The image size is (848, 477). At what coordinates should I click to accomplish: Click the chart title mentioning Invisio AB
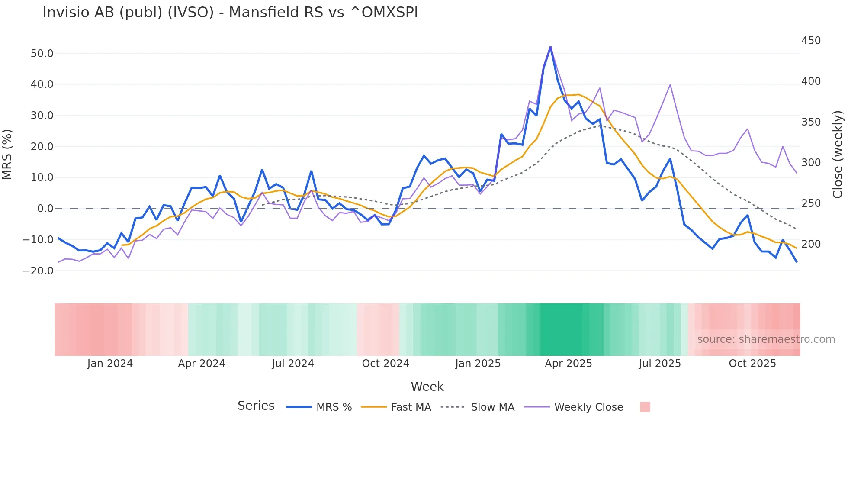tap(230, 13)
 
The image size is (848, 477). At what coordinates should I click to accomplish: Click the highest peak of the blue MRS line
tap(550, 47)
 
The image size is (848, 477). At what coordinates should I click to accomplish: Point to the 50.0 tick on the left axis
tap(42, 53)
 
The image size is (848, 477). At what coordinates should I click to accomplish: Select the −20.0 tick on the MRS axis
tap(38, 271)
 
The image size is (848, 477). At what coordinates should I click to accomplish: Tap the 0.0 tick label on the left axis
tap(45, 209)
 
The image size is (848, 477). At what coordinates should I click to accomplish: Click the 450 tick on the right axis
tap(811, 41)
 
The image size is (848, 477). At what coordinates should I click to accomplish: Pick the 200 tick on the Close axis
tap(811, 244)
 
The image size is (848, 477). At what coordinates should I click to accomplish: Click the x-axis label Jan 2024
tap(110, 364)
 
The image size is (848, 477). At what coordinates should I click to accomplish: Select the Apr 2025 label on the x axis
tap(568, 364)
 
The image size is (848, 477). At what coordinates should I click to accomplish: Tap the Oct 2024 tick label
tap(385, 364)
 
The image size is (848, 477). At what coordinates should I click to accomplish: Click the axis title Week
tap(427, 387)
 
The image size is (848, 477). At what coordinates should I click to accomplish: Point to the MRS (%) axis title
tap(7, 154)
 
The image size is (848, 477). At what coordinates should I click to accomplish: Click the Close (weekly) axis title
tap(838, 154)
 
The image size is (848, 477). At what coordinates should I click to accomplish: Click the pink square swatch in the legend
tap(645, 407)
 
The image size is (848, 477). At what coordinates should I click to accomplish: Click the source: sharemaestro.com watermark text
tap(766, 339)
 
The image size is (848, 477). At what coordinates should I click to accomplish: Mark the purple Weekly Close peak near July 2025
tap(670, 85)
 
